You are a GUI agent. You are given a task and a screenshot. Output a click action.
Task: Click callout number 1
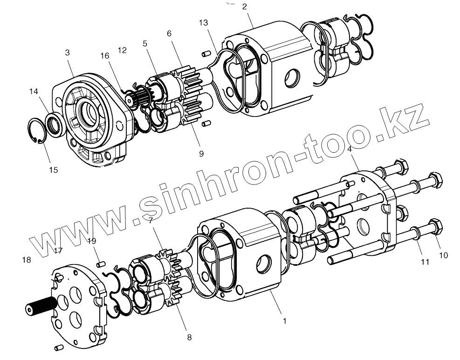284,321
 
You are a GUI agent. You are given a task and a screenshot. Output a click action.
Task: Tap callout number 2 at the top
245,7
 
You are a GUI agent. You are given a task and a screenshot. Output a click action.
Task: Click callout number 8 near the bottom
189,337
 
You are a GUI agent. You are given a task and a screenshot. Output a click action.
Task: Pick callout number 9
201,154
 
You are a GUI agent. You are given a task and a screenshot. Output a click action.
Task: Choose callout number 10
443,255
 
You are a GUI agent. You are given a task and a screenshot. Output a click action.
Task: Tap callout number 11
425,262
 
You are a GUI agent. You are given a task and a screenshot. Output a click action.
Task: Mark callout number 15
54,170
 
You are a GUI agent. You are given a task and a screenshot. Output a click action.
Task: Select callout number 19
92,241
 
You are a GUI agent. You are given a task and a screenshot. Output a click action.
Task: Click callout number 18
27,259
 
